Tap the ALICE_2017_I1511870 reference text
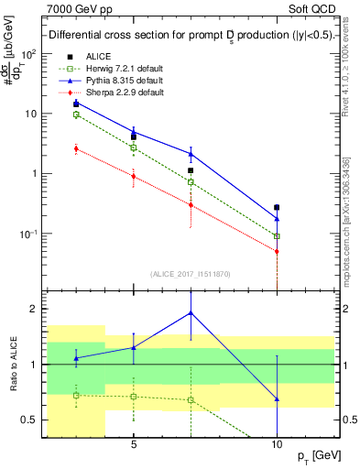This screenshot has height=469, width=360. (x=191, y=273)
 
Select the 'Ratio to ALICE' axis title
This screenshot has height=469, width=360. (x=12, y=364)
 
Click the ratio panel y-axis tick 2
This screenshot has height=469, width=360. (x=34, y=309)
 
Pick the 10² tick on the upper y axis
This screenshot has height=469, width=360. (x=29, y=53)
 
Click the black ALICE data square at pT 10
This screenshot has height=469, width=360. (x=277, y=207)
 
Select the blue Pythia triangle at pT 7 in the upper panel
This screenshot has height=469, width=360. (x=191, y=153)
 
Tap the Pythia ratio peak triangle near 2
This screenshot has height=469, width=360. (x=191, y=312)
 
